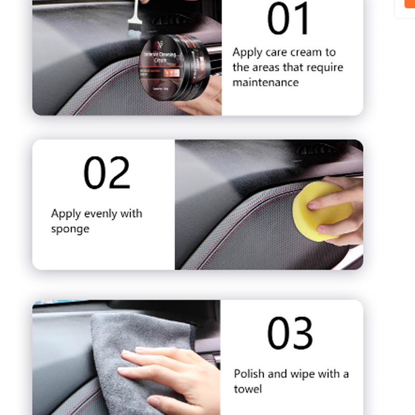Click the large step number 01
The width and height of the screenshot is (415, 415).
point(288,20)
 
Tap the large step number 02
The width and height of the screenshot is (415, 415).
point(107,173)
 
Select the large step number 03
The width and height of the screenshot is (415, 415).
point(290,333)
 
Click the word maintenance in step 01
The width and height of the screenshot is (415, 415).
point(266,82)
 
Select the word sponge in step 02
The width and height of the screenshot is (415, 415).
point(70,229)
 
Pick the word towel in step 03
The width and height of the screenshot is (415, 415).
point(248,389)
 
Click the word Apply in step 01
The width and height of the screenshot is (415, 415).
point(247,52)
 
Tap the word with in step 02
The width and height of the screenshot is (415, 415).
point(131,214)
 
